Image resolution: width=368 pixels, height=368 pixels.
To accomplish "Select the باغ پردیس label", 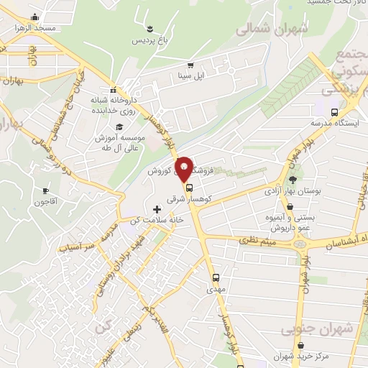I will (152, 40).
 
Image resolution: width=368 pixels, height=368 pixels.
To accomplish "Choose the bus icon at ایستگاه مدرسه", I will (334, 111).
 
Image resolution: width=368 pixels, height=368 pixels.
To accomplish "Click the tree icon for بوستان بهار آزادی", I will (293, 179).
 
